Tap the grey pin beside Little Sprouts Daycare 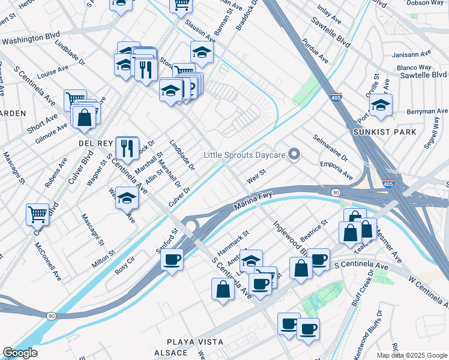[294, 155]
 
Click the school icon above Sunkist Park [381, 105]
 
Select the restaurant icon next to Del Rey [127, 146]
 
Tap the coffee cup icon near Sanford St [172, 259]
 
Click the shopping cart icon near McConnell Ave [37, 214]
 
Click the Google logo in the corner [20, 353]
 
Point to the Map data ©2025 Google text [412, 355]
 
